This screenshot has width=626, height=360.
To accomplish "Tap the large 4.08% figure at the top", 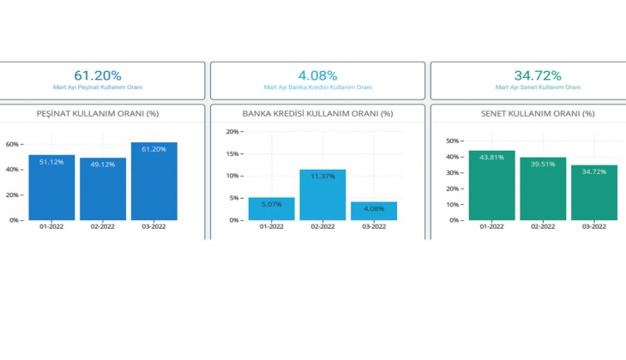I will click(317, 75).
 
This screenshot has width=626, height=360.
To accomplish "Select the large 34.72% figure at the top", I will click(538, 75).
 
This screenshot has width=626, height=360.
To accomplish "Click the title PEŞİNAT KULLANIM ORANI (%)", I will click(99, 113).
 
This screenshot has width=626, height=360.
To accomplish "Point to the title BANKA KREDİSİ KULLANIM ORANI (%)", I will click(317, 113).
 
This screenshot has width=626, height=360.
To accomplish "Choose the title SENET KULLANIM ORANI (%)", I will click(538, 113).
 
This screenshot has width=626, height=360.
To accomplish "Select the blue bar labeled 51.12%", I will click(51, 189).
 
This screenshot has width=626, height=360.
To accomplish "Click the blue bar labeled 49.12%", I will click(103, 190).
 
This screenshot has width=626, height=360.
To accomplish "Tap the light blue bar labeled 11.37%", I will click(322, 195).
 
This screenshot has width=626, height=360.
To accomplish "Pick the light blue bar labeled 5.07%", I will click(271, 209).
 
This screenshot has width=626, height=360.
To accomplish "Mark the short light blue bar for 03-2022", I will click(374, 211).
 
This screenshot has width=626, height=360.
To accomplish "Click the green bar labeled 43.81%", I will click(491, 186).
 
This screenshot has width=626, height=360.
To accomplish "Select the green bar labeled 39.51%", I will click(543, 189).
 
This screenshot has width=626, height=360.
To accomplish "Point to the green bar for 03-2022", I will click(593, 194).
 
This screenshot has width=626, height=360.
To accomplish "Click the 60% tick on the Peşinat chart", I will click(14, 144).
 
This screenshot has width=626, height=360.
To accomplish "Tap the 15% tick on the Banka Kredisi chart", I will click(233, 153).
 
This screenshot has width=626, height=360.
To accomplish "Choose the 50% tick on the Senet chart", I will click(454, 139).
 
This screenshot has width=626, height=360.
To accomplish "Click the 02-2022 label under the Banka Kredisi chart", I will click(322, 226).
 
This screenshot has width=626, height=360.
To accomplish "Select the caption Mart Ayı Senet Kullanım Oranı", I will click(538, 87).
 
